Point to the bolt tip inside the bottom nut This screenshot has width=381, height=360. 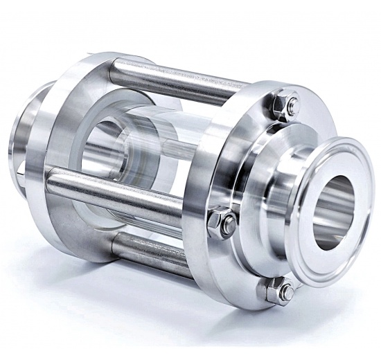[285, 291]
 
